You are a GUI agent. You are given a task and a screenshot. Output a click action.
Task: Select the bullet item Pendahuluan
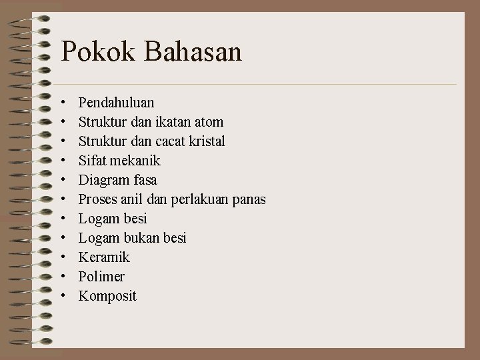click(116, 103)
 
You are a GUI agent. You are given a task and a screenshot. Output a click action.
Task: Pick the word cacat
click(167, 141)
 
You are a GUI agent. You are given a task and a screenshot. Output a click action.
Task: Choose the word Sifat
click(91, 161)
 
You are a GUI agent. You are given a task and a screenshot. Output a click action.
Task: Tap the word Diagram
click(103, 181)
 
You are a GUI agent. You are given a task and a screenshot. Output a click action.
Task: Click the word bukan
click(144, 238)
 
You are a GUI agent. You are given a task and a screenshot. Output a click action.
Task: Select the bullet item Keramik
click(104, 257)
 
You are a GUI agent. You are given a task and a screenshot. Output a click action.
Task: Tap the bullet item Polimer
click(101, 277)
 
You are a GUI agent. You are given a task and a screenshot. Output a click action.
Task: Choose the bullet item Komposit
click(107, 296)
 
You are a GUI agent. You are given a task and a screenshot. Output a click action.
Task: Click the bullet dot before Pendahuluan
click(62, 103)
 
